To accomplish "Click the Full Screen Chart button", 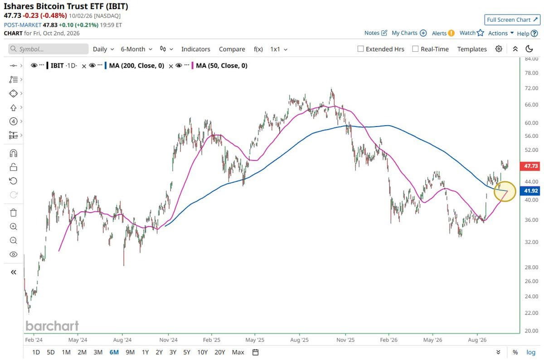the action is (x=512, y=19).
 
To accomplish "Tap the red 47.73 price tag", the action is (x=530, y=166).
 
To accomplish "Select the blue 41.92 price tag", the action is (x=530, y=191).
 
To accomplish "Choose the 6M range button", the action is (x=114, y=352).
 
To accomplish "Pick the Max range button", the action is (x=238, y=352).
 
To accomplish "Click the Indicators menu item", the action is (x=195, y=49).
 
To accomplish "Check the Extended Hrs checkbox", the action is (x=360, y=49).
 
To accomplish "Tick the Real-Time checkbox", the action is (x=415, y=49).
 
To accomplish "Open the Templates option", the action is (x=472, y=49).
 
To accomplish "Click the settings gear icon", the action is (x=499, y=49).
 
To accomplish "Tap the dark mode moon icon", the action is (x=529, y=49).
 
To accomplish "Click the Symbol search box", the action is (x=49, y=49).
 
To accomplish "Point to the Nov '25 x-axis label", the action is (x=345, y=340).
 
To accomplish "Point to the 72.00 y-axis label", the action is (x=531, y=88).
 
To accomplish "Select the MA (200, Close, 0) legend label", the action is (x=136, y=66).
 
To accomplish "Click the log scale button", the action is (x=531, y=352).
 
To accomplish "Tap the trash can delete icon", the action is (x=13, y=213).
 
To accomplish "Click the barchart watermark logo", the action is (x=52, y=326).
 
